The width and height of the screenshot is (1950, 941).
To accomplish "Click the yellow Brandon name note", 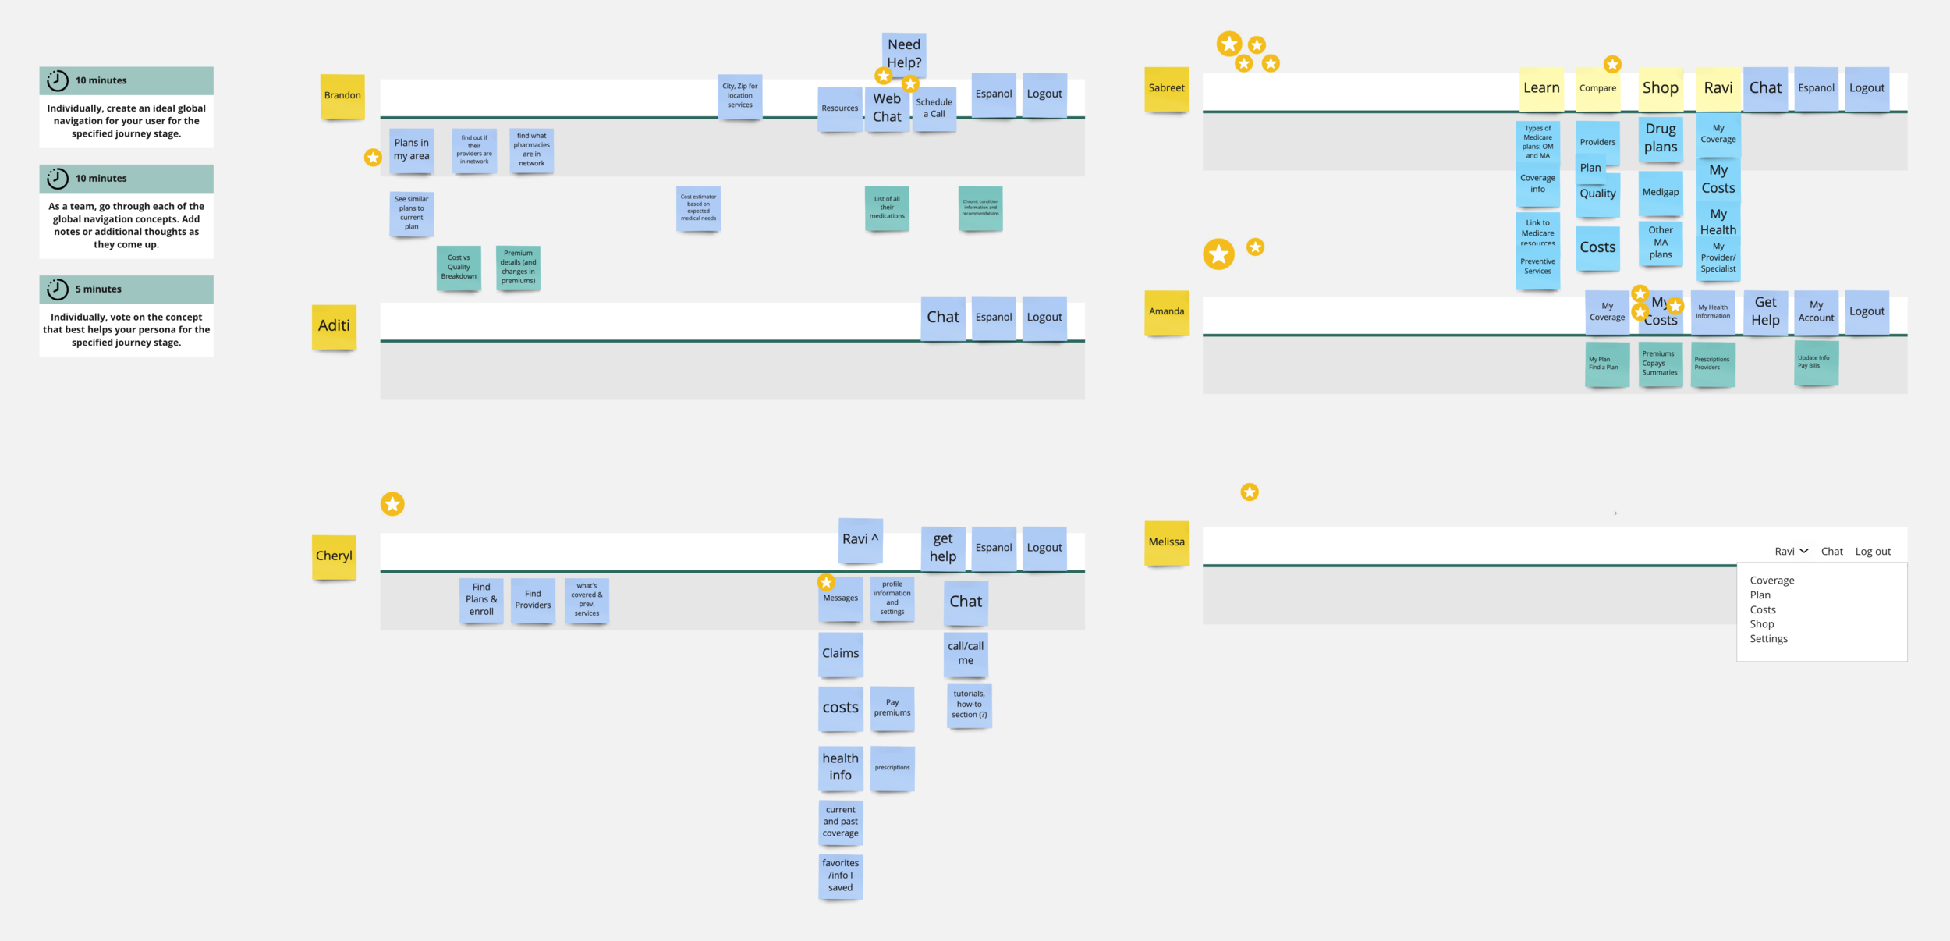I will [342, 96].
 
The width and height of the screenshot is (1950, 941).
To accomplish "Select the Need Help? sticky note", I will [904, 53].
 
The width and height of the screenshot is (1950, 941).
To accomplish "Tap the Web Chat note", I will [887, 108].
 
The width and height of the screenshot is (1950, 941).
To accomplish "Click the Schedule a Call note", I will [934, 108].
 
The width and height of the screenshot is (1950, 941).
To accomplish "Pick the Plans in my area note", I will [411, 150].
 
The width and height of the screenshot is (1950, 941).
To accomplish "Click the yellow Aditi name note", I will [334, 325].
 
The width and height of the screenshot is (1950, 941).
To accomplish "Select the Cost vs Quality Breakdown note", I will [459, 267].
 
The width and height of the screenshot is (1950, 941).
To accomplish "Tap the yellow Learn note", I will [1541, 88].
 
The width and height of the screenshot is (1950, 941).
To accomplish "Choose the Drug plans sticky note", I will [1661, 138].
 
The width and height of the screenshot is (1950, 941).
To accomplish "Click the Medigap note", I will [1661, 193].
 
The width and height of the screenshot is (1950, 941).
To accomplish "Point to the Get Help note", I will [1765, 311].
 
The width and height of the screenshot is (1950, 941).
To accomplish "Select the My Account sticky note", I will [1816, 312].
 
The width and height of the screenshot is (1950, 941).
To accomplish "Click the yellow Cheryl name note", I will [334, 556].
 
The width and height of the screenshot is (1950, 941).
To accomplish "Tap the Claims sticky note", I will [840, 654].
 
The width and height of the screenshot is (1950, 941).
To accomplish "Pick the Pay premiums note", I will [892, 708].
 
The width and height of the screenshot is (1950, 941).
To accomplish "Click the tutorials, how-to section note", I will [969, 705].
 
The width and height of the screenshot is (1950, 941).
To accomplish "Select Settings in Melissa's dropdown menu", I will [1768, 639].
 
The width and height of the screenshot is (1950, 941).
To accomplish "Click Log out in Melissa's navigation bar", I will [1873, 552].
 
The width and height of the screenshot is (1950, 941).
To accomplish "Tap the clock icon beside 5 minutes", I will [58, 289].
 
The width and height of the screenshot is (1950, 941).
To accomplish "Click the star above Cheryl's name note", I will [392, 504].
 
